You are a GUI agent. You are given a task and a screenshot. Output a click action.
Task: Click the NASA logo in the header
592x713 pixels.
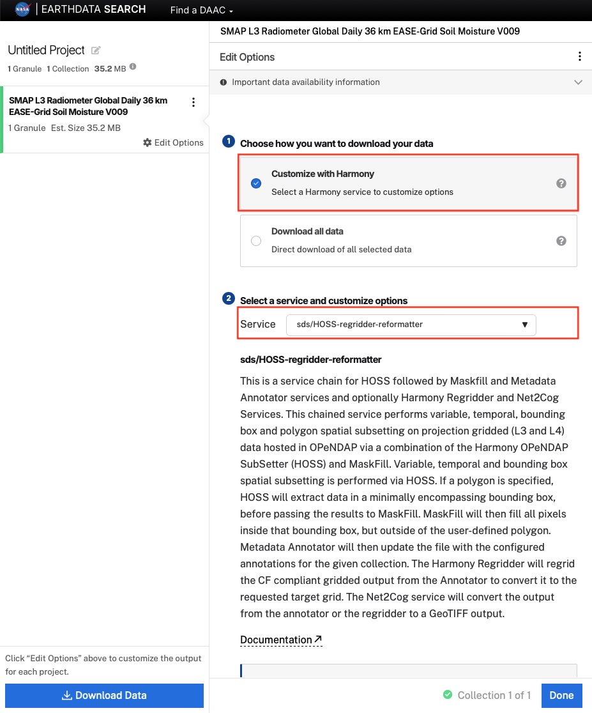click(x=22, y=10)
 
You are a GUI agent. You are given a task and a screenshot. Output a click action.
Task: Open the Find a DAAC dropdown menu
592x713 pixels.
click(x=201, y=10)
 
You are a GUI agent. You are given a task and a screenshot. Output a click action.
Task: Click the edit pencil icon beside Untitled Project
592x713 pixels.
click(x=96, y=50)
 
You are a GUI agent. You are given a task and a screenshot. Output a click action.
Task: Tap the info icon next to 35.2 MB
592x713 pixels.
click(x=133, y=68)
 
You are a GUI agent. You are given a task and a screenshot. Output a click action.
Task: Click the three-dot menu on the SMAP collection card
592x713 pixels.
click(x=194, y=102)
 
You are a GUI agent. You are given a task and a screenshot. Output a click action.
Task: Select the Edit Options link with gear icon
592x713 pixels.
click(x=173, y=142)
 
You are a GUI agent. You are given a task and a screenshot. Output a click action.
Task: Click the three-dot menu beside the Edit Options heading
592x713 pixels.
click(x=579, y=57)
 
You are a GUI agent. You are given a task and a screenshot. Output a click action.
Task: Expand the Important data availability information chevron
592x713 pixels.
click(x=578, y=82)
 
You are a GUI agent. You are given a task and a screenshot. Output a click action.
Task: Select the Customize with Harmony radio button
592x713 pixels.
click(x=256, y=183)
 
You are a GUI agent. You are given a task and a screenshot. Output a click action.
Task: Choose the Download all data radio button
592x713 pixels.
click(x=256, y=241)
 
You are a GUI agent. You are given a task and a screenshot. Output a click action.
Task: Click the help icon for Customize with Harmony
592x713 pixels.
click(x=561, y=183)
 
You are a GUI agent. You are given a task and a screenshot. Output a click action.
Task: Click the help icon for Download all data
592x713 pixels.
click(x=561, y=241)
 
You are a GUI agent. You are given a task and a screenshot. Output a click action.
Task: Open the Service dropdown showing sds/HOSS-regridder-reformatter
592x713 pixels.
click(x=411, y=325)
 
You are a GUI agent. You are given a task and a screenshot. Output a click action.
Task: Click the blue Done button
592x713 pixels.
click(x=561, y=695)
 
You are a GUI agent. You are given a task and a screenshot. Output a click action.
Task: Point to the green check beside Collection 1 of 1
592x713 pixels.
click(x=448, y=695)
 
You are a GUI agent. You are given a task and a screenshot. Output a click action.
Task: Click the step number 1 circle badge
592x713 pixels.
click(x=228, y=142)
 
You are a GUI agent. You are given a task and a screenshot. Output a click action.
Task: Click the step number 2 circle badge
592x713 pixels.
click(x=228, y=299)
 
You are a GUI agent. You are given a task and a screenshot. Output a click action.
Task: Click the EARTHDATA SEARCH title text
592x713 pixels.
click(x=93, y=10)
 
